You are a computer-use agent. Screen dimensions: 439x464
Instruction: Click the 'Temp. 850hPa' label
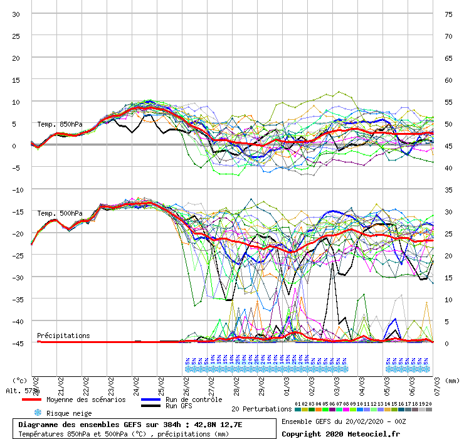point(60,124)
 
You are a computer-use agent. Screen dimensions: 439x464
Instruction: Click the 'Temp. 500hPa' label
point(60,213)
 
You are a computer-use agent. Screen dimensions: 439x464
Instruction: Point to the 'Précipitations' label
point(63,336)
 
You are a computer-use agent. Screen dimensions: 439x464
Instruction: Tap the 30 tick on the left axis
point(16,14)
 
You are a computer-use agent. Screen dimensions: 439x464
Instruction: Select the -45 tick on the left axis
point(16,343)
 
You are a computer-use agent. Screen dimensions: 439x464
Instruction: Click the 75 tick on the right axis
point(448,14)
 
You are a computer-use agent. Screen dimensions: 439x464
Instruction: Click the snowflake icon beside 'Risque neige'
point(38,413)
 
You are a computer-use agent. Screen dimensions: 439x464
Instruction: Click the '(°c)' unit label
point(20,380)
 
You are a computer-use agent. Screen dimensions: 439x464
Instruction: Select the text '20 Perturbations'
point(261,409)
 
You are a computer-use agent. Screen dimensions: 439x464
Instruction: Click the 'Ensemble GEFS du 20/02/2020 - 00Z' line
point(344,421)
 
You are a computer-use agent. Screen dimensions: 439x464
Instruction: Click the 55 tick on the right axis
point(448,102)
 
